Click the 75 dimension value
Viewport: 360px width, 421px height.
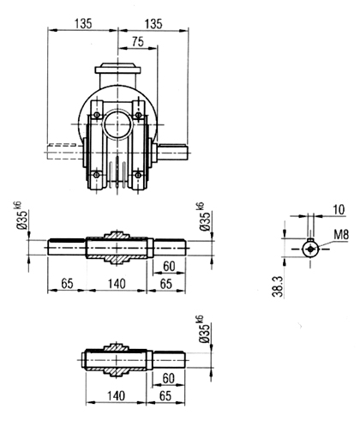138,42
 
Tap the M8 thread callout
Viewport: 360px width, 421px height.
341,235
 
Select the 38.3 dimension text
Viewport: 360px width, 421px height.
278,286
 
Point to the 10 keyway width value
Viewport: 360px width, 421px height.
339,210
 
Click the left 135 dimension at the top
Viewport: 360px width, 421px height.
83,23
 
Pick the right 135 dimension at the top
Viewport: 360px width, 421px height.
153,23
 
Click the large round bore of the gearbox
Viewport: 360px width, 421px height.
117,124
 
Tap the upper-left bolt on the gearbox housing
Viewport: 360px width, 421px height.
97,115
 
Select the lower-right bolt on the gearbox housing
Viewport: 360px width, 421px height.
138,174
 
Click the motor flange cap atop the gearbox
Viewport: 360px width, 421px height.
117,69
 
